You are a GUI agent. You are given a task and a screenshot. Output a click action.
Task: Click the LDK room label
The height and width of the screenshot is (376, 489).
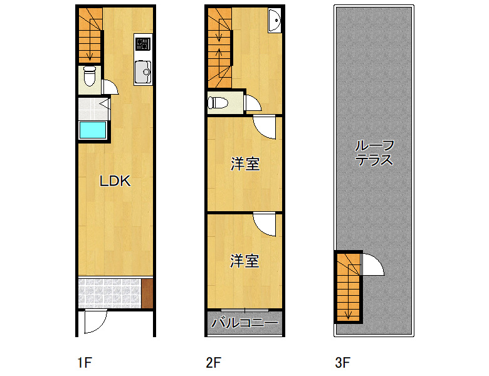coord(115,181)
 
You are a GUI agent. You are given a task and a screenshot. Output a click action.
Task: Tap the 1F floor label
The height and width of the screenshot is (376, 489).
coord(85,363)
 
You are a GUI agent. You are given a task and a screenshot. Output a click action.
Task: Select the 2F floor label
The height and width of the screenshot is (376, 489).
coord(214,363)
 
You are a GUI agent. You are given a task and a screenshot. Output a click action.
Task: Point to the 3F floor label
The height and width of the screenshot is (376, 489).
coord(343,363)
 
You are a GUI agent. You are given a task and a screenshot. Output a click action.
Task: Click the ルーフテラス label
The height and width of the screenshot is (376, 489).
coord(374,153)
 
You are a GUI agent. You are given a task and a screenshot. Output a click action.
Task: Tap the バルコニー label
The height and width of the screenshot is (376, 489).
coord(244,323)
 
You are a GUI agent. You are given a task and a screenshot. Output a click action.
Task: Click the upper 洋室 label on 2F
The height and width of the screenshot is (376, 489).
coord(245,164)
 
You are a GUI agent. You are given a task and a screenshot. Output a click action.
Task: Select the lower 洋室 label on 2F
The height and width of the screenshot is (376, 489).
coord(244,261)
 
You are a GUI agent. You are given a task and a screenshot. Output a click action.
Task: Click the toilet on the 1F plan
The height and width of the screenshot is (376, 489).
coord(90,76)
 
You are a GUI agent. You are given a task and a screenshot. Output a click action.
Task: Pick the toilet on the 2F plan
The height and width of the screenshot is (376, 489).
coord(218,103)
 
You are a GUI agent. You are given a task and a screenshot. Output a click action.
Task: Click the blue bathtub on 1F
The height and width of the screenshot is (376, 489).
coord(93,130)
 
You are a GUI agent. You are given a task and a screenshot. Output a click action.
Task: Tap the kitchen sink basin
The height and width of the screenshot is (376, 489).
coord(143,72)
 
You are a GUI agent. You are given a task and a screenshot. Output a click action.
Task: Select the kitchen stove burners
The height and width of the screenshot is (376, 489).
coord(143,44)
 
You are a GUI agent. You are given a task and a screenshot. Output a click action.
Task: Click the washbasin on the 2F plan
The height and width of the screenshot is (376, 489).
coord(275,20)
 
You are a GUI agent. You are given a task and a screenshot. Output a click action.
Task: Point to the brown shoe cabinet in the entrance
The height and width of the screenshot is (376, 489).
coord(147,293)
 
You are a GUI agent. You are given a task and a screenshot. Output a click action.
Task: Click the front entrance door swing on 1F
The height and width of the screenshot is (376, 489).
coord(96,321)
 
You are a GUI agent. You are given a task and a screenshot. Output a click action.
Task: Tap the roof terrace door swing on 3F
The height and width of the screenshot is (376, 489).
coord(372,264)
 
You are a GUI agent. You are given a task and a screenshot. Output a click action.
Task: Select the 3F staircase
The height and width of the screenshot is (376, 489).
coord(349,287)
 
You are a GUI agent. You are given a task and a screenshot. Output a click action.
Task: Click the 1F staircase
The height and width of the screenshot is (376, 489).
coord(90,35)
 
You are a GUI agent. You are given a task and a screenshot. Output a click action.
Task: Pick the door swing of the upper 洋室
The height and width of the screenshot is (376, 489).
coord(265,127)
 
